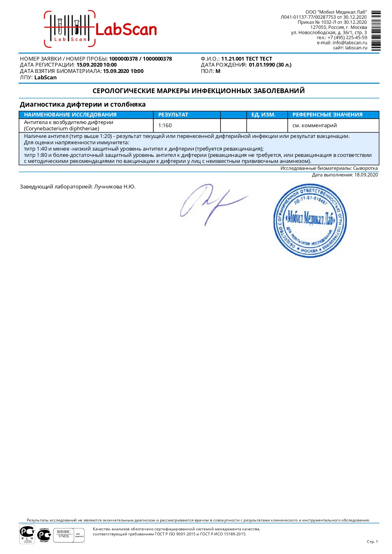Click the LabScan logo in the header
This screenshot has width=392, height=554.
pyautogui.click(x=100, y=29)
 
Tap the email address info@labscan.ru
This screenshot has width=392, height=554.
pyautogui.click(x=350, y=43)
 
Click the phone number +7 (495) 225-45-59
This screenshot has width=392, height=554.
pyautogui.click(x=347, y=38)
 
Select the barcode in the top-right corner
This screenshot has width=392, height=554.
pyautogui.click(x=376, y=31)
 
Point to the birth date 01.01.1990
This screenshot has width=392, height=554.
pyautogui.click(x=262, y=65)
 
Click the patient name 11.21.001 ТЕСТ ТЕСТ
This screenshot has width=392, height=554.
pyautogui.click(x=246, y=59)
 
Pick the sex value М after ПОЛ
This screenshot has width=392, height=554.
pyautogui.click(x=218, y=71)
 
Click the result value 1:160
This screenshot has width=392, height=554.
pyautogui.click(x=165, y=126)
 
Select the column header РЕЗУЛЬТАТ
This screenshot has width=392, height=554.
pyautogui.click(x=173, y=115)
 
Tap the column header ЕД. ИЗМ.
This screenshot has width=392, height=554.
pyautogui.click(x=263, y=115)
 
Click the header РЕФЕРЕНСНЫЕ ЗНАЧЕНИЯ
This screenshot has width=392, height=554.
pyautogui.click(x=327, y=115)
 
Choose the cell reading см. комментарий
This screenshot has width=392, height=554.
pyautogui.click(x=315, y=126)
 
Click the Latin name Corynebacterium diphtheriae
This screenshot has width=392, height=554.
pyautogui.click(x=62, y=129)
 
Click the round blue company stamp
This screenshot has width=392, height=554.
pyautogui.click(x=310, y=221)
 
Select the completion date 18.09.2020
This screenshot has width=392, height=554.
pyautogui.click(x=366, y=175)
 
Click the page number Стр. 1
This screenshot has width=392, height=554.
pyautogui.click(x=372, y=542)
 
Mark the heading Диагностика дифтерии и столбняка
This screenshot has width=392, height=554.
pyautogui.click(x=83, y=104)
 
